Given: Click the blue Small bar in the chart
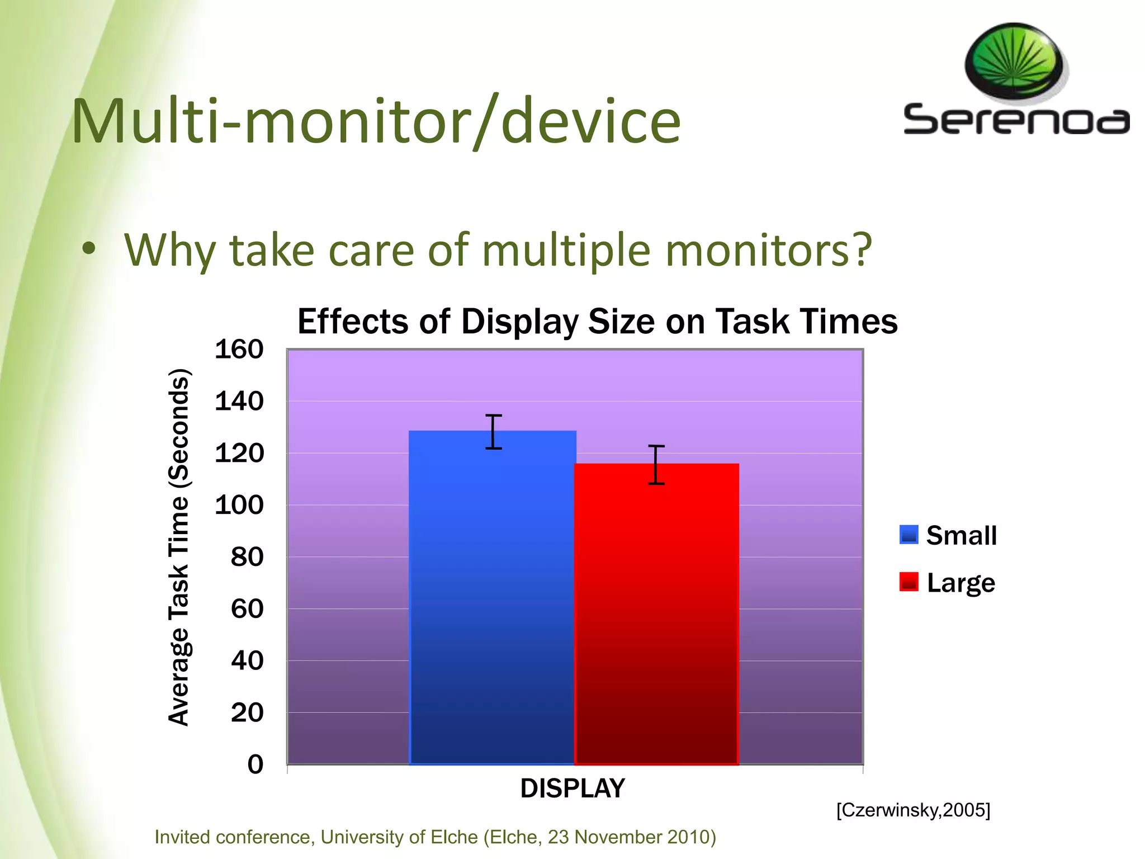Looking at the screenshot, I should pos(492,604).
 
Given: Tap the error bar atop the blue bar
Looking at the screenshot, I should pos(493,432).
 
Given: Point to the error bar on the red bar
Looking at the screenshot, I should pos(656,465).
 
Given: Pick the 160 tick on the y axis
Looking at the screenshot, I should pos(239,350).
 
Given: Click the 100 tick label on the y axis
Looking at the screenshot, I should pos(239,505).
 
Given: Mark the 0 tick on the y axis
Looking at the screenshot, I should pos(255,764).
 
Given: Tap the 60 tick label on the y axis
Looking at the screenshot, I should pos(247,608).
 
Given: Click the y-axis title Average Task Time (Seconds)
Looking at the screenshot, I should pos(179,547).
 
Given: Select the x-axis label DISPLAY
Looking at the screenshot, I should pos(572,789).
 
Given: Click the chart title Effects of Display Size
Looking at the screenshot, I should pos(597,322).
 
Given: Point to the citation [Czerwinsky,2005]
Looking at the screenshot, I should pos(913,810).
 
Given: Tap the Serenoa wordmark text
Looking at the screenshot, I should pos(1015,120).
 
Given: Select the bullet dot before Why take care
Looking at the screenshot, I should pos(88,249).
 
